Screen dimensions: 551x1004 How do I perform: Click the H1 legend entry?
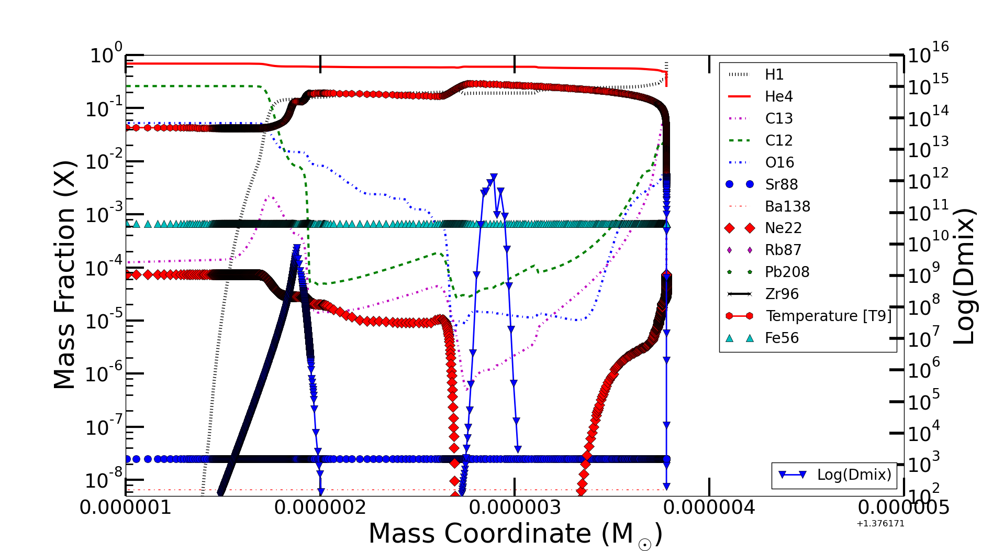[774, 75]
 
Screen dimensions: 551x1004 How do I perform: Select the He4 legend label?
[778, 97]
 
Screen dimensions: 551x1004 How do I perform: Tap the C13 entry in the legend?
[778, 119]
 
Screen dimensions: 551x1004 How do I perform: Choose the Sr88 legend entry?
[781, 184]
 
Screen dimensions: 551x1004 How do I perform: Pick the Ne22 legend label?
[783, 228]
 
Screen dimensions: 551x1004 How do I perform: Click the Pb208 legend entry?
[787, 272]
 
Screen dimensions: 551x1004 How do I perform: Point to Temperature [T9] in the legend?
[828, 316]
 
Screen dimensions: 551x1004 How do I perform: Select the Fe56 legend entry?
[782, 338]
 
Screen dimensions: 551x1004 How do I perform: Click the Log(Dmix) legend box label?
[853, 475]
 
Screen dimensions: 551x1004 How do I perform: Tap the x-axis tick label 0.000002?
[320, 508]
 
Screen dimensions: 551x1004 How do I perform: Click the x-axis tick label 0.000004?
[709, 508]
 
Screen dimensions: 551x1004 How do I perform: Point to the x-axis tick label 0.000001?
[126, 508]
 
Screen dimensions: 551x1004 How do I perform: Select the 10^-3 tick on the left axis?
[104, 214]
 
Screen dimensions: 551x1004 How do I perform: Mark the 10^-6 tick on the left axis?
[104, 373]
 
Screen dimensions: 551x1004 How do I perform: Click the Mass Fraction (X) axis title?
[65, 274]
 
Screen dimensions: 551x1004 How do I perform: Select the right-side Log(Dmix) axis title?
[964, 275]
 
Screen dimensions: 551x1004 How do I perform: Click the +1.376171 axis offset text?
[880, 524]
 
